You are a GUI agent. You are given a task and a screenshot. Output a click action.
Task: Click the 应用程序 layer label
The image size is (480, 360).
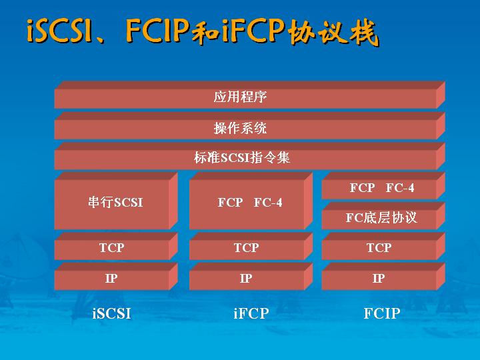tap(240, 97)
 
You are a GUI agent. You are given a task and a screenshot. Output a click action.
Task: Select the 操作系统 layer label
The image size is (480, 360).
tap(240, 128)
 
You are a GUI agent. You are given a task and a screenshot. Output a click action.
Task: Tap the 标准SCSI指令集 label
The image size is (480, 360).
tap(242, 158)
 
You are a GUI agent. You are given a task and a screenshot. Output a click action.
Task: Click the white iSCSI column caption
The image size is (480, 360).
tap(112, 313)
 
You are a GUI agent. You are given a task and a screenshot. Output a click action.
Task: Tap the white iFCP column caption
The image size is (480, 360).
tap(251, 313)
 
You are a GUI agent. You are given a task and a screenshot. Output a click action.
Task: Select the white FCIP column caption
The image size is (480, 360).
tap(382, 313)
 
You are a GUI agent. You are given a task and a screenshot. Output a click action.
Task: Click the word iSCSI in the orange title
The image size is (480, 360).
tap(59, 31)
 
